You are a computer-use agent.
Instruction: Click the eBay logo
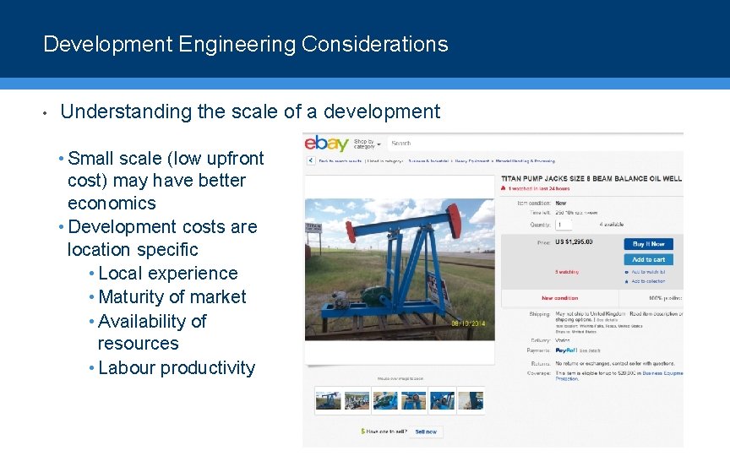point(326,143)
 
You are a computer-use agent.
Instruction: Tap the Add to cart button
point(648,259)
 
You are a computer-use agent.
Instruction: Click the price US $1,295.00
point(574,242)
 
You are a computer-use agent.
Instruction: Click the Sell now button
point(426,432)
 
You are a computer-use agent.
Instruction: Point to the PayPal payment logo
point(565,350)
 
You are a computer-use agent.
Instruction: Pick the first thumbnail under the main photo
point(328,400)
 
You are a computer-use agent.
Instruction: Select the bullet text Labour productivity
point(177,368)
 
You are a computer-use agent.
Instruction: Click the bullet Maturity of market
point(172,297)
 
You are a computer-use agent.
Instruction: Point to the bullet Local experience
point(168,274)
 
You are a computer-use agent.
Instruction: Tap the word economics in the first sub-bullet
point(112,204)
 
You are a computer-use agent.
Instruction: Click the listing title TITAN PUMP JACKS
point(591,179)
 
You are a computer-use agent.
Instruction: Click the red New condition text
point(559,298)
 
